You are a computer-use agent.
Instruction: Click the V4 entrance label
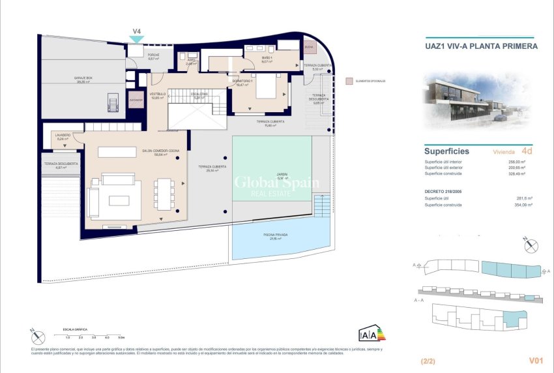point(137,31)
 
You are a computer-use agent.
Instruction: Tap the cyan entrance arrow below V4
point(136,40)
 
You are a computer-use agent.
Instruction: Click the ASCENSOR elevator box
point(136,101)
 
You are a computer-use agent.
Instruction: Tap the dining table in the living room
point(164,194)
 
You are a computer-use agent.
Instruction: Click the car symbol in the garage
point(113,102)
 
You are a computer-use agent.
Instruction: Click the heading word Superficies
point(446,151)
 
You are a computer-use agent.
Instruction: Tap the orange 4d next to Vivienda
point(527,151)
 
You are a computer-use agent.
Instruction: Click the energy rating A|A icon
point(367,335)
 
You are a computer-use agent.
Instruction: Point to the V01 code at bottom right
point(536,360)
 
